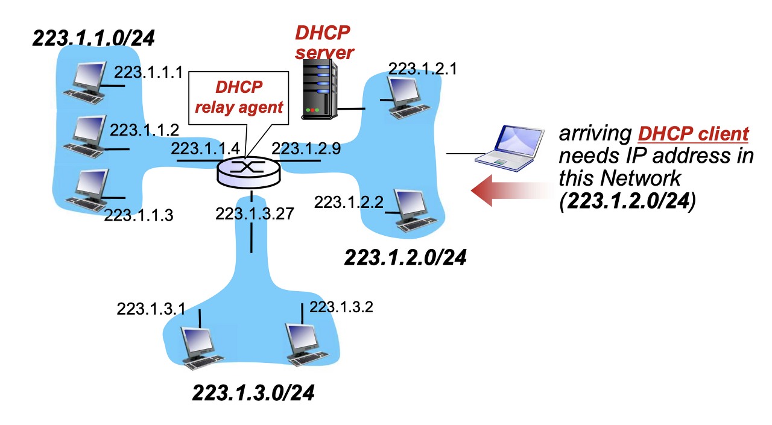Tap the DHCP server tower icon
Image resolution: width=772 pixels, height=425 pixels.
318,90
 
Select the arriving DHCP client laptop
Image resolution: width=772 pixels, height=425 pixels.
505,146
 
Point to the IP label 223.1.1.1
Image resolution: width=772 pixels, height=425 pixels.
148,73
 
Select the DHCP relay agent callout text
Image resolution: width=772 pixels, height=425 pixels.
239,98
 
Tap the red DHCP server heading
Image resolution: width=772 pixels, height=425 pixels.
323,42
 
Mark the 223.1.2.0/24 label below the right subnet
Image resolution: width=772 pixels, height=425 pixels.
405,257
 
